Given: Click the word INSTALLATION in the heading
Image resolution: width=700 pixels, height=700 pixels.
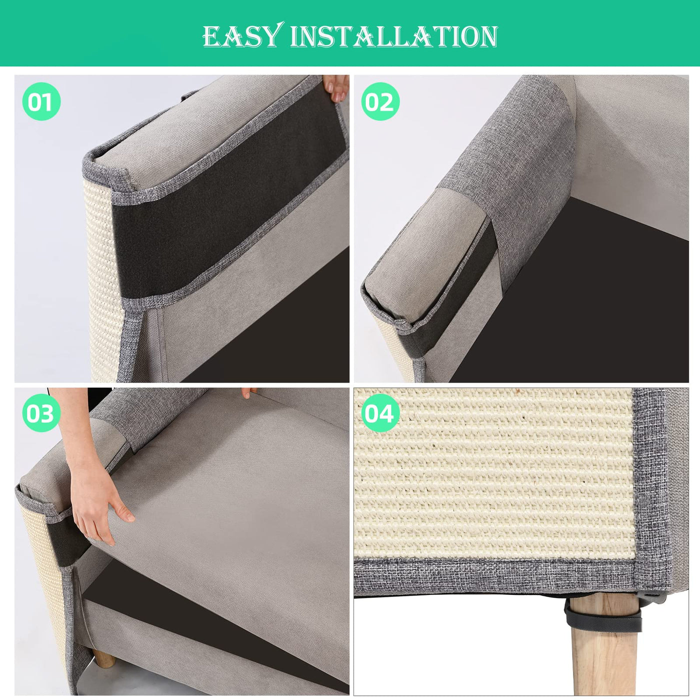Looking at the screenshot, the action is tap(394, 36).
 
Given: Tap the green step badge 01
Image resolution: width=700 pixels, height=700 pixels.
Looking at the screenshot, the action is tap(41, 101).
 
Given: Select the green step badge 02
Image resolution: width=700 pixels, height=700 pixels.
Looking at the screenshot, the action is tap(380, 101).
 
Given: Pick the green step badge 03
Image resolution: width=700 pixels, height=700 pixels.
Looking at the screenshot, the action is tap(41, 413).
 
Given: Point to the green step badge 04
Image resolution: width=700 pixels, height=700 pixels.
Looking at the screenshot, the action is tap(380, 413).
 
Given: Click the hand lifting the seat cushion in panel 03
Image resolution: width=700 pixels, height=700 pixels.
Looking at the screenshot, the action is tap(96, 505).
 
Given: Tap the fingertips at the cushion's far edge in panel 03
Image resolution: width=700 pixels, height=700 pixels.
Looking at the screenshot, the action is tap(248, 392).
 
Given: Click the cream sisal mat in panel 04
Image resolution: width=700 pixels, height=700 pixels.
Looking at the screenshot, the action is tap(494, 476).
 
